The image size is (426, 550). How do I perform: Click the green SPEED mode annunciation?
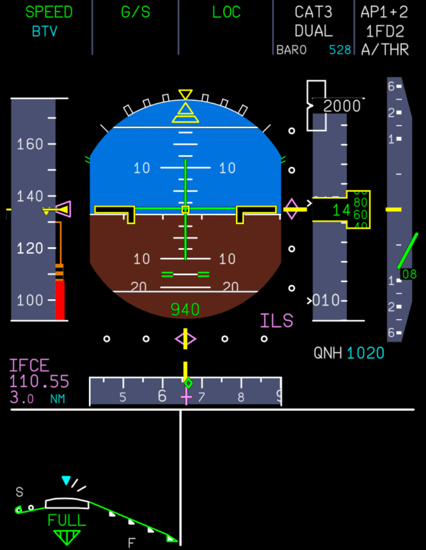point(49,12)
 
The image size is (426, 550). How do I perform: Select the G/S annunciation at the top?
point(135,12)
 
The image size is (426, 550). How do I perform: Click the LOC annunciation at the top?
point(226,12)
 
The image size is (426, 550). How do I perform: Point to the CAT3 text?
point(313,12)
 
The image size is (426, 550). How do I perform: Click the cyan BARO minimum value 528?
point(340,50)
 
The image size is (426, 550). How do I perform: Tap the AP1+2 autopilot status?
point(385,12)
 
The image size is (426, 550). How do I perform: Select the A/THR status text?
point(385,50)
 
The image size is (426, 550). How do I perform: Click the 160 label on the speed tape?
point(30,144)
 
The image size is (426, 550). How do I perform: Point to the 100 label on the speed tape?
point(30,300)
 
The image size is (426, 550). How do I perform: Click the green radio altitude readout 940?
point(185,309)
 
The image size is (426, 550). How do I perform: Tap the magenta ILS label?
point(277,321)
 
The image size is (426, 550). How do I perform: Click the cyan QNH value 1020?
point(365,353)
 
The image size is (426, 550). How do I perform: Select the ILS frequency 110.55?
point(39,382)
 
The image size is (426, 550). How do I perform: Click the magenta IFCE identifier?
point(30,366)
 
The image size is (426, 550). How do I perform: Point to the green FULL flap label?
point(67,520)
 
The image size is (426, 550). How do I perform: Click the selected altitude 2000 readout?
point(342,106)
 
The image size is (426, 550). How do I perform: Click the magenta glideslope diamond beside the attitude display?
point(291,209)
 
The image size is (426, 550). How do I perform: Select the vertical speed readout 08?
point(409,274)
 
